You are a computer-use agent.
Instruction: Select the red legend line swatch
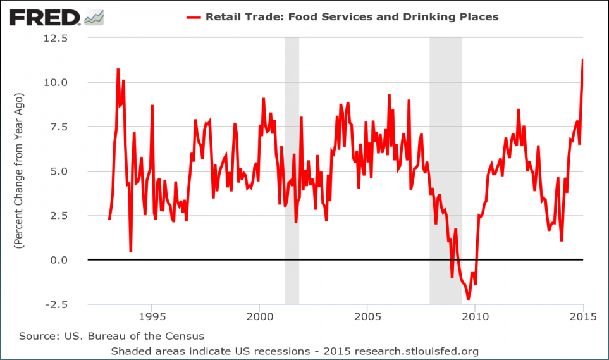(192, 17)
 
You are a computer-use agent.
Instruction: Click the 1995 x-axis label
(151, 316)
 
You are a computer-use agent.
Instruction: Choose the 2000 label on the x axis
(259, 316)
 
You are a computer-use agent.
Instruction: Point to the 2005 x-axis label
(367, 316)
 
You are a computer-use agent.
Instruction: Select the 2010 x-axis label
(476, 316)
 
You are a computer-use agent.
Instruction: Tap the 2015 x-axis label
(582, 316)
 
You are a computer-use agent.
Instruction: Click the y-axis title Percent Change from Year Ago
(20, 171)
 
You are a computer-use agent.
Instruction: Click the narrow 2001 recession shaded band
(292, 171)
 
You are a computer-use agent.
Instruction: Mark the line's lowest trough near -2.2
(469, 299)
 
